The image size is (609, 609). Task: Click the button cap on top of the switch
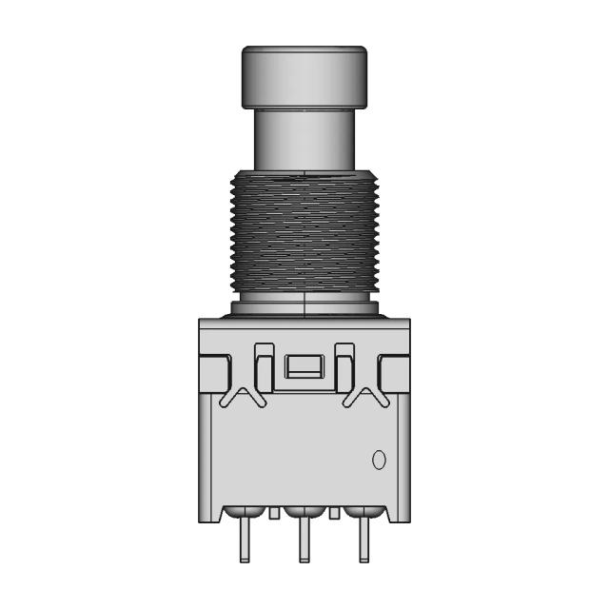point(304,76)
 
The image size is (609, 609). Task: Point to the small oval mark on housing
point(378,461)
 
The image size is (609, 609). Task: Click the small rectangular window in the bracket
point(304,367)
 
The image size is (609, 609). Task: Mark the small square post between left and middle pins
point(274,515)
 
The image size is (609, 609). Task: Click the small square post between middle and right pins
point(334,515)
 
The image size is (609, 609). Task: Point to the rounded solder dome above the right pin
point(363,513)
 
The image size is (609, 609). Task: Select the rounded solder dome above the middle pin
point(304,513)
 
